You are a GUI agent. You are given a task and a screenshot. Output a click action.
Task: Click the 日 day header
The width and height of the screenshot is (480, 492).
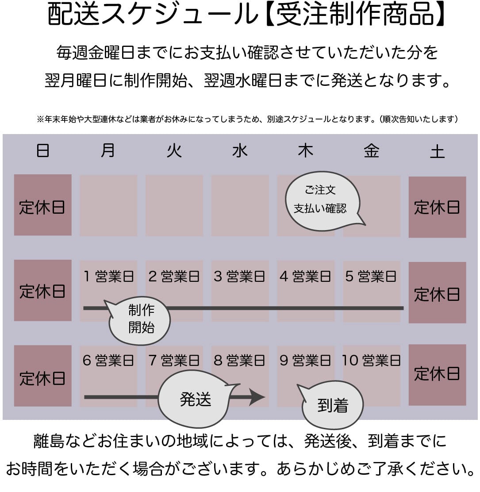(x=42, y=150)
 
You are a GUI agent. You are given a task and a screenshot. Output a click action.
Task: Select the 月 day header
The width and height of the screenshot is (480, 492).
(x=108, y=150)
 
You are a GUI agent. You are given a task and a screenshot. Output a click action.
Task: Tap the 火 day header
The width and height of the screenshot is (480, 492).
(x=174, y=150)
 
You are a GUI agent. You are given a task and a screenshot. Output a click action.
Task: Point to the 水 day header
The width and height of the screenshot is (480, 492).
(x=240, y=150)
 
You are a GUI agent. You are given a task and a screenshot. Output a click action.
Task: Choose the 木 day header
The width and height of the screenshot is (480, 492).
(x=306, y=150)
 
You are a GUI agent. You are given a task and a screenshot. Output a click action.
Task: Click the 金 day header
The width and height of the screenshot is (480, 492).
(x=372, y=150)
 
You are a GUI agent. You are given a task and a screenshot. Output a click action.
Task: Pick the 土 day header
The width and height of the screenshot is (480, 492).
(x=438, y=152)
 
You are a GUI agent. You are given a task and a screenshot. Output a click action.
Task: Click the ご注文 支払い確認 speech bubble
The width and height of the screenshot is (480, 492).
(x=323, y=200)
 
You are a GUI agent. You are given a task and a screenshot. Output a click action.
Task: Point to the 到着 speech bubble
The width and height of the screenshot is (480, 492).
(x=331, y=405)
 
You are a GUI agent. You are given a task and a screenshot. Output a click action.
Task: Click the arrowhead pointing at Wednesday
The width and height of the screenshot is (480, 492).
(x=257, y=397)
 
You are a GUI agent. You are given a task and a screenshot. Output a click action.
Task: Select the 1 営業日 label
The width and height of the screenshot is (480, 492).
(x=108, y=277)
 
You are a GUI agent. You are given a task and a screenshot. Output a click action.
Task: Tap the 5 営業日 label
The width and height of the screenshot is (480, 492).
(x=371, y=277)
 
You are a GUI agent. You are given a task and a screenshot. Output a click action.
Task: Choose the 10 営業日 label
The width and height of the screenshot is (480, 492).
(x=372, y=361)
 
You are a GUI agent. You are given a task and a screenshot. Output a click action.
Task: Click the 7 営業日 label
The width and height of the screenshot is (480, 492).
(x=174, y=361)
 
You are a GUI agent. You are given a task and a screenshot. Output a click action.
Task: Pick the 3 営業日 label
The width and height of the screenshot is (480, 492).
(x=239, y=277)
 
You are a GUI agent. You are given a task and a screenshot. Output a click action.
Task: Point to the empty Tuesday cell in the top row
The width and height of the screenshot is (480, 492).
(x=174, y=206)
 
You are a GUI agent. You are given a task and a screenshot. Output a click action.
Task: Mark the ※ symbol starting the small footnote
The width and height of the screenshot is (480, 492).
(x=40, y=119)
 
